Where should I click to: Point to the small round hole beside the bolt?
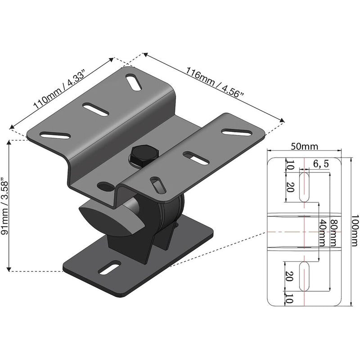click(105, 185)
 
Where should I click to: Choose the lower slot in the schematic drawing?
click(305, 276)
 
